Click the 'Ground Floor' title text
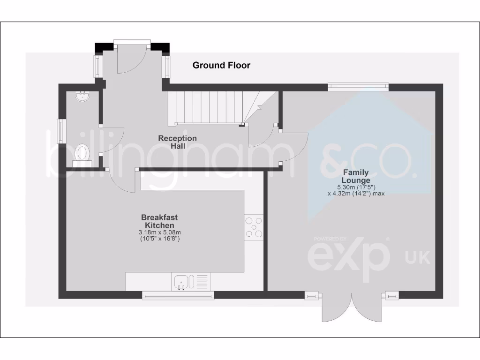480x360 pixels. tap(221, 66)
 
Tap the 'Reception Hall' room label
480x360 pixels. tap(177, 142)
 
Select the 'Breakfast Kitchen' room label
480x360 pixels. tap(159, 221)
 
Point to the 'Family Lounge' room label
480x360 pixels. tap(355, 176)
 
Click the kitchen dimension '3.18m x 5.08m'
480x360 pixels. tap(159, 232)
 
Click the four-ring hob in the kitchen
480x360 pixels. tap(254, 227)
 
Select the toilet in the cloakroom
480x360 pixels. tap(82, 153)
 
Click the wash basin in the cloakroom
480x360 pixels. tap(82, 97)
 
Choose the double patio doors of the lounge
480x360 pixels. tap(352, 307)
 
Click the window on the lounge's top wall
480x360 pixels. tap(358, 86)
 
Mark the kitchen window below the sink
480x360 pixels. tap(178, 295)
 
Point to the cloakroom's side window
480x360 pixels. tap(61, 131)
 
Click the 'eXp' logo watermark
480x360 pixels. tap(349, 255)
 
